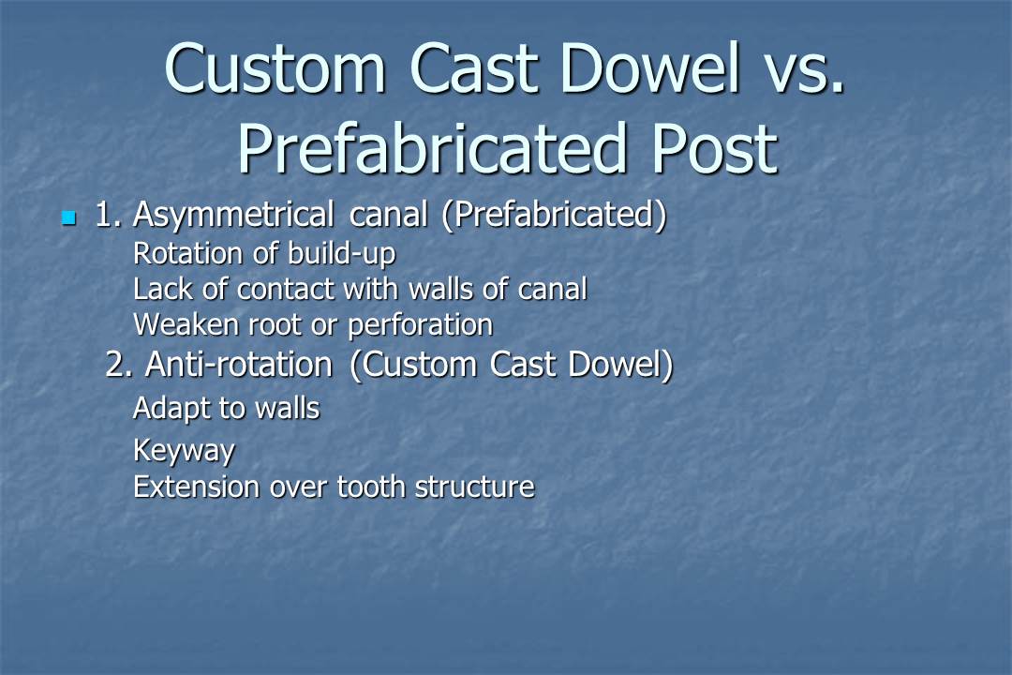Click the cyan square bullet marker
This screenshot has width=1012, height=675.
pyautogui.click(x=67, y=218)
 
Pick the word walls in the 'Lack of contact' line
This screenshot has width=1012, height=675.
pyautogui.click(x=439, y=290)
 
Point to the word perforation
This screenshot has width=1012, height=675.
pyautogui.click(x=420, y=325)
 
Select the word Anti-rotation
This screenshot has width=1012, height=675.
pyautogui.click(x=238, y=365)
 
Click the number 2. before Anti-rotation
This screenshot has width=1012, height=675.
pyautogui.click(x=119, y=365)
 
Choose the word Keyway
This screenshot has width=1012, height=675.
pyautogui.click(x=184, y=451)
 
